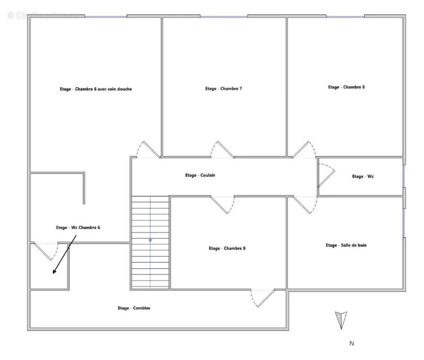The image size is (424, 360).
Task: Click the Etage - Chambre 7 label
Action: tap(223, 89)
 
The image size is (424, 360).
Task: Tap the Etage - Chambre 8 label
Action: tap(346, 87)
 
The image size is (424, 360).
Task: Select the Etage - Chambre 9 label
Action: tap(227, 248)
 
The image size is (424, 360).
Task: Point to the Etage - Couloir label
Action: tap(200, 175)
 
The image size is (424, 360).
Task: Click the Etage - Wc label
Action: tap(363, 176)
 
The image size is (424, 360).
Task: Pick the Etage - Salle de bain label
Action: tap(346, 245)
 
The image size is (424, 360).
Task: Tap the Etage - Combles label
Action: tap(134, 308)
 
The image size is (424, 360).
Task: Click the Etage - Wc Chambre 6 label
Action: tap(78, 228)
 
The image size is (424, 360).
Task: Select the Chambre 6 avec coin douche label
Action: tap(103, 89)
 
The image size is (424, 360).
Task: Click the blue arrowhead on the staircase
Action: tap(150, 241)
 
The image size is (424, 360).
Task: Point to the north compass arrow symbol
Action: tap(341, 320)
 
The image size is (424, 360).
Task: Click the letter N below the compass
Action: tap(352, 343)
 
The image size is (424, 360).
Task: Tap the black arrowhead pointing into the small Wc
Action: tap(54, 271)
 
